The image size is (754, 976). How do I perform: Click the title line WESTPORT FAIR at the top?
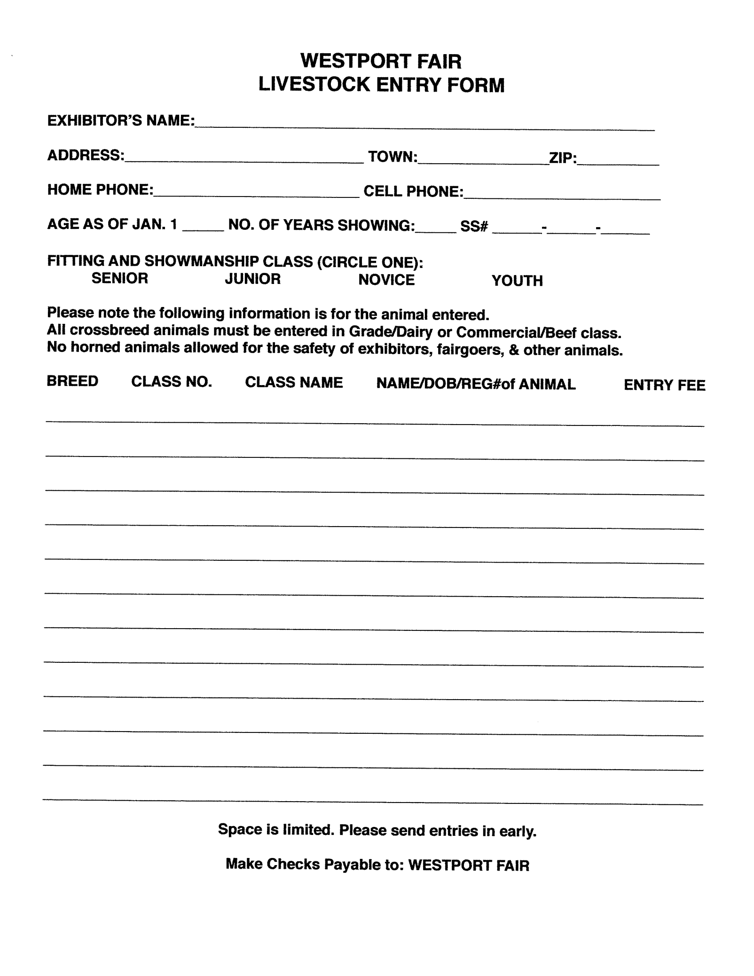tap(381, 61)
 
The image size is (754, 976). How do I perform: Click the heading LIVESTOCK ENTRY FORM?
tap(381, 85)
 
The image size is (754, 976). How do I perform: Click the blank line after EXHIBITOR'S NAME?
tap(424, 125)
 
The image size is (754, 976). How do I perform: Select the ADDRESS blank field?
tap(244, 158)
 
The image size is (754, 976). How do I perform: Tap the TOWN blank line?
tap(483, 161)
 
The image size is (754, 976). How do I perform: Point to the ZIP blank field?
tap(618, 161)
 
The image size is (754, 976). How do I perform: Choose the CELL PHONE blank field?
tap(562, 195)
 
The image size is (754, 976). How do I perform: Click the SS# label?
tap(474, 227)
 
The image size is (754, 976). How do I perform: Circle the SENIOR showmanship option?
tap(120, 279)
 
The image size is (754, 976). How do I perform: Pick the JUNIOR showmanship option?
tap(253, 279)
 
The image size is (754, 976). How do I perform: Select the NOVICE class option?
tap(386, 280)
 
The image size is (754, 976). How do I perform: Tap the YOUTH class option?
tap(517, 281)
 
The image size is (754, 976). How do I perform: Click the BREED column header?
tap(72, 381)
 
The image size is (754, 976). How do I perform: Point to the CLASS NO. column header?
tap(172, 382)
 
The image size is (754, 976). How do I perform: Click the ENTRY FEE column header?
tap(664, 385)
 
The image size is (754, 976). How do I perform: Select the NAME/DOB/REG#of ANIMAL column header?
tap(476, 384)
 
